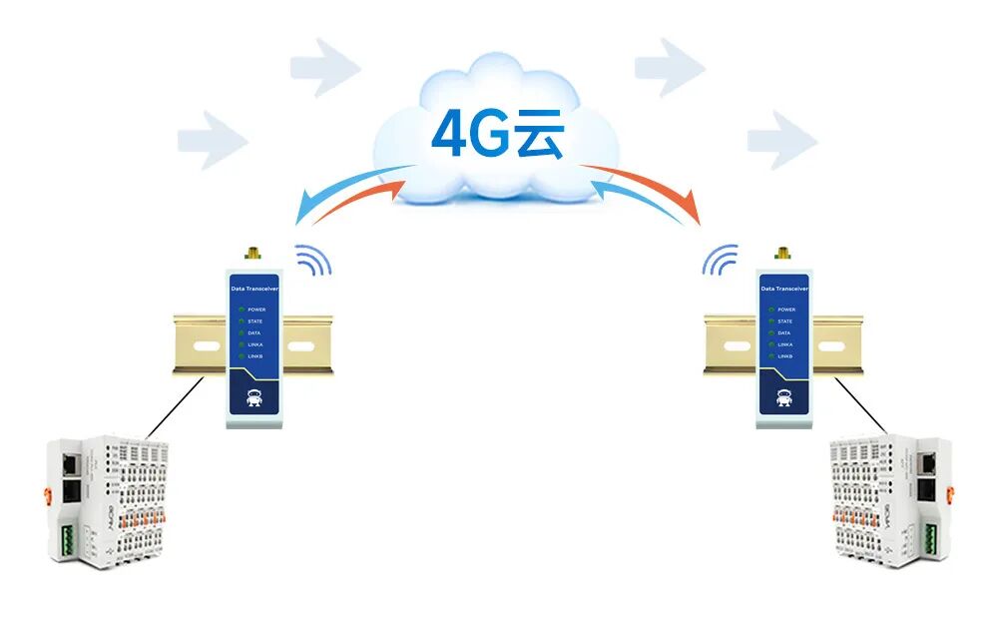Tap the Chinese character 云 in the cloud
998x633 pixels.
tap(540, 136)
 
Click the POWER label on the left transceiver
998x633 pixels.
tap(256, 310)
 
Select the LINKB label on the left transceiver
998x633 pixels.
tap(255, 356)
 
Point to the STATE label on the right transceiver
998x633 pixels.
tap(784, 321)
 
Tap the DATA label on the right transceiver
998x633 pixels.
tap(784, 333)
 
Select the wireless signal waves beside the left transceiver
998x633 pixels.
tap(314, 261)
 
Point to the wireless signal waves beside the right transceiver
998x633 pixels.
tap(720, 261)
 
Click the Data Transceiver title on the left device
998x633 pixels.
tap(253, 289)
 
